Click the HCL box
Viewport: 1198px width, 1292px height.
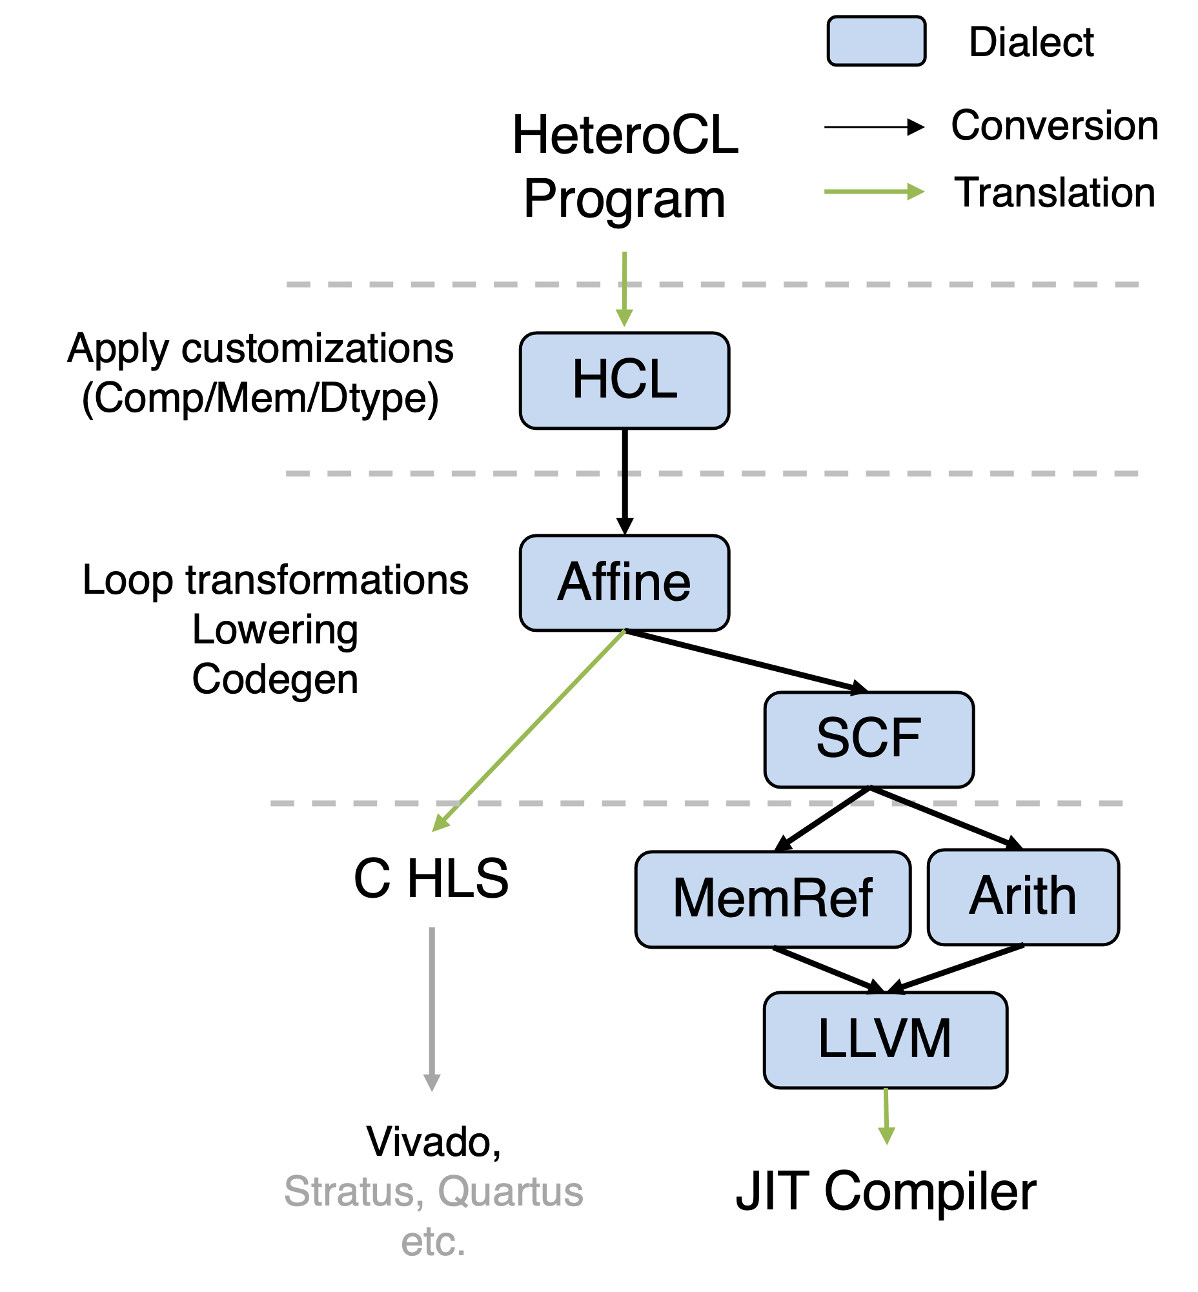click(x=624, y=381)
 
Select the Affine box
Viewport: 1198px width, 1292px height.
click(x=624, y=582)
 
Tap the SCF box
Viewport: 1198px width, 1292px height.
click(x=869, y=739)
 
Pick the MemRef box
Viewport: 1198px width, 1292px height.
click(x=772, y=899)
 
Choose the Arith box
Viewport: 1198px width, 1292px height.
click(x=1022, y=896)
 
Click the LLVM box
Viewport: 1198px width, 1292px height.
click(x=885, y=1040)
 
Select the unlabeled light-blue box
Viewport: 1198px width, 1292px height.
click(x=876, y=41)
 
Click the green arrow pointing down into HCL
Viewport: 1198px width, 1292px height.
click(x=624, y=285)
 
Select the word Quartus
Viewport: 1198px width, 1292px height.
click(x=510, y=1191)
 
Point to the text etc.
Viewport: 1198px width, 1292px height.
click(x=433, y=1242)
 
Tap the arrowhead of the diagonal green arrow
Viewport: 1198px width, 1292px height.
click(x=440, y=823)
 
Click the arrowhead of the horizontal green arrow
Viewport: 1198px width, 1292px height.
click(x=916, y=191)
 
